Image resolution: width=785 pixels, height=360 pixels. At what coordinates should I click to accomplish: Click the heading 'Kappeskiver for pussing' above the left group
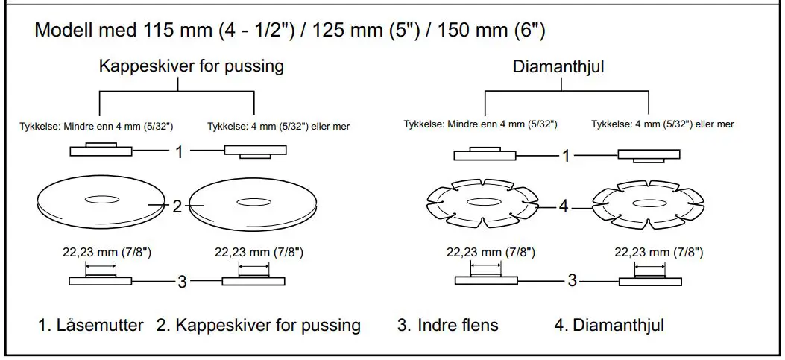[192, 66]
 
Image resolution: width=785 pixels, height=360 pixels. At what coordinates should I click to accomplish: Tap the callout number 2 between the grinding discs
[177, 206]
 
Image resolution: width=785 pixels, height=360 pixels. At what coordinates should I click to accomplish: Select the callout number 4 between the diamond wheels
[564, 206]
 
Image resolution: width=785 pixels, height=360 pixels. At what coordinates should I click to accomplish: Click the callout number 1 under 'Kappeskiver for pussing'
[179, 152]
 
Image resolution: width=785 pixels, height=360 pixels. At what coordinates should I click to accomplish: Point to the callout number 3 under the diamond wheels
[572, 281]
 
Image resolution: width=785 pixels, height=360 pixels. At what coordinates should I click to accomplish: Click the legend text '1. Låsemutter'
[91, 326]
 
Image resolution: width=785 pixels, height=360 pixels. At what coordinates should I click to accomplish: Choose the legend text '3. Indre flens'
[447, 326]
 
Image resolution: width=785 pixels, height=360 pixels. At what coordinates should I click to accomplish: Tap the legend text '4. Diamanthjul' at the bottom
[609, 326]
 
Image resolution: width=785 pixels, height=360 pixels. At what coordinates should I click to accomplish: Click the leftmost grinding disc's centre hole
[100, 199]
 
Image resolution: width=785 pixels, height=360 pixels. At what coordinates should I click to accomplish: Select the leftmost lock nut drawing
[101, 150]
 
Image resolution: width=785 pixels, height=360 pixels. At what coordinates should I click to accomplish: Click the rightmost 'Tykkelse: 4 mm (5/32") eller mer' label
[662, 124]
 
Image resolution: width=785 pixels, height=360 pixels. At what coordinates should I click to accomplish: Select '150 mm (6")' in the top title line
[491, 32]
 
